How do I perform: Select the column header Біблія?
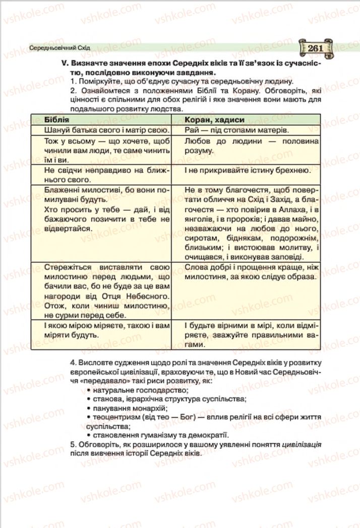[56, 120]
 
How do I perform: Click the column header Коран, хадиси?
[214, 120]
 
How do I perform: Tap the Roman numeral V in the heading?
[63, 64]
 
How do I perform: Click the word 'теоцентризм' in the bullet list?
[114, 417]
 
